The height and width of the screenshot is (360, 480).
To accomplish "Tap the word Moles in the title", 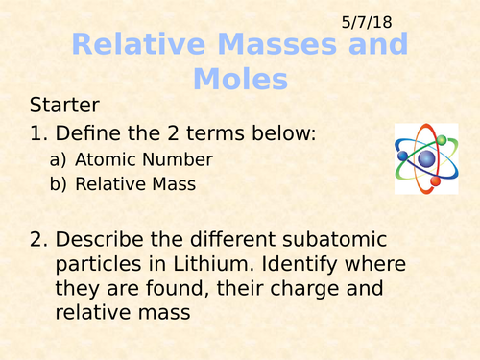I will pos(239,77).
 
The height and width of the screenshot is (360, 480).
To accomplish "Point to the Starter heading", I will pos(64,105).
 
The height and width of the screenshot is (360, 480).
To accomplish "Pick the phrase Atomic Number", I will pos(144,159).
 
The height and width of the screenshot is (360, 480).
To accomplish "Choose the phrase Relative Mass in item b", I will pos(135,183).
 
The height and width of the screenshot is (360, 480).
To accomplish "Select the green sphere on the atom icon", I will pos(442,140).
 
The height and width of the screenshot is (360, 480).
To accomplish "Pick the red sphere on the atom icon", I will pos(435,180).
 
